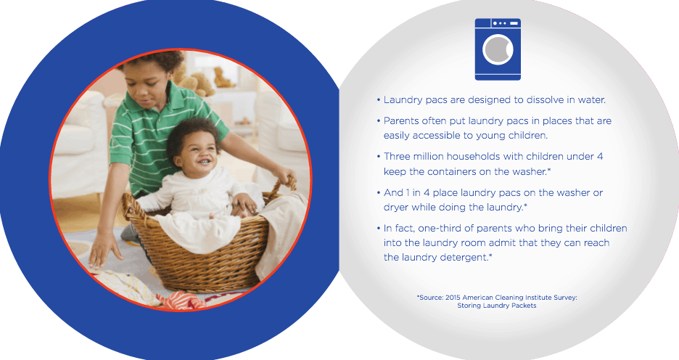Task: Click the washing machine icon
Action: pos(498,49)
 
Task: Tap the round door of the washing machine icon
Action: pos(498,49)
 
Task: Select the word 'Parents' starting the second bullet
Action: pos(401,121)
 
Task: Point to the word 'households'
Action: pos(474,156)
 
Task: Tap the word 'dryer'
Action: pos(396,208)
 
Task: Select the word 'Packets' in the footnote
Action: pos(523,306)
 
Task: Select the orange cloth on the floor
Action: pos(182,300)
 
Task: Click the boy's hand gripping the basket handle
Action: pos(285,176)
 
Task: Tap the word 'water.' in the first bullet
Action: pos(591,99)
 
